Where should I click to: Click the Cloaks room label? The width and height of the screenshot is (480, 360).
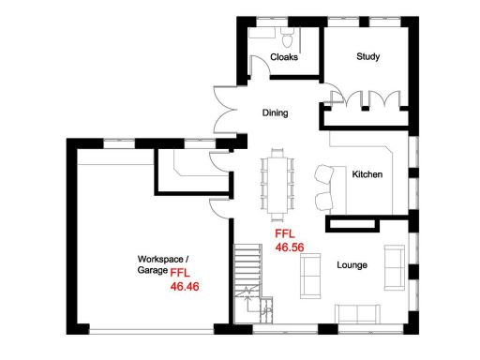pyautogui.click(x=284, y=58)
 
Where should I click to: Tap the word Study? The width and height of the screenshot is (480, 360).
pyautogui.click(x=367, y=57)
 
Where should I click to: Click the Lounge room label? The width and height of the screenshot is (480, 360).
pyautogui.click(x=352, y=265)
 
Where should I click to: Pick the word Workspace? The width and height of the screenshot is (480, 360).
pyautogui.click(x=160, y=258)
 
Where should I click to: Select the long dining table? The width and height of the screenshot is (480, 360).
pyautogui.click(x=277, y=182)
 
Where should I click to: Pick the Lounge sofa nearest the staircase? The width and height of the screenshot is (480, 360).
pyautogui.click(x=307, y=277)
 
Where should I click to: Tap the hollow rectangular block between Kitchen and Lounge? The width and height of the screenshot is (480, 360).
pyautogui.click(x=353, y=224)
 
